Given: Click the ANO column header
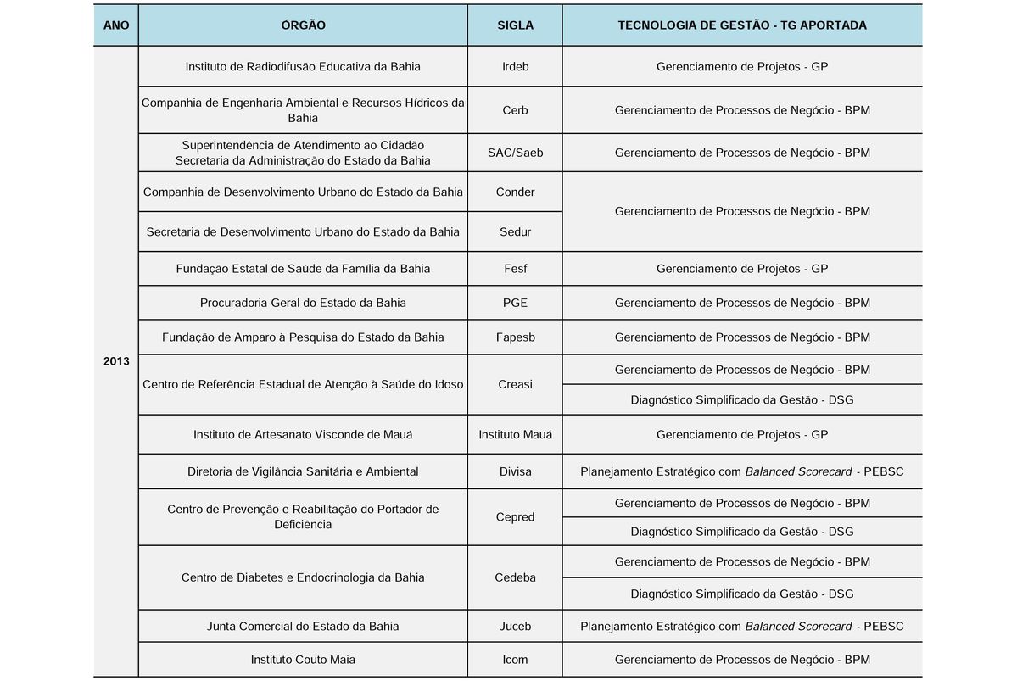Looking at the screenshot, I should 116,25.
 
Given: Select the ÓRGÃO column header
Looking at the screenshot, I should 303,25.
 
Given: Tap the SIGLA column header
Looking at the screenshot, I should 515,25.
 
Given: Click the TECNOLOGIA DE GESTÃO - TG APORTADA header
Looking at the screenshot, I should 742,25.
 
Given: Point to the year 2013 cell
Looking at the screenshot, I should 116,361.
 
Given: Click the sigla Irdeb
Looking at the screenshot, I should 515,66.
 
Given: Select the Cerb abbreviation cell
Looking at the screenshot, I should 515,110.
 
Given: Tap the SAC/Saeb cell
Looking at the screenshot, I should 515,153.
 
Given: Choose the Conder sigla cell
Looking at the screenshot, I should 515,192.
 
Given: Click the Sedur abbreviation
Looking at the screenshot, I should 515,231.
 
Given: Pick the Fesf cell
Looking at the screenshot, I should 515,269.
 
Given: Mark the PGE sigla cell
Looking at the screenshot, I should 515,303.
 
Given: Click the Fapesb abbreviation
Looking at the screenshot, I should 515,337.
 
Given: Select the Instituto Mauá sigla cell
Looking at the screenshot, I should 515,434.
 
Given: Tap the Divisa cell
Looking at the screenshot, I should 515,471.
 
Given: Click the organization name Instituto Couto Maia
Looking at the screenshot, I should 303,659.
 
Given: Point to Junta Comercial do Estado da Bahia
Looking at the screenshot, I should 303,627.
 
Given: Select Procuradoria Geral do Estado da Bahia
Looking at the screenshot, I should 303,303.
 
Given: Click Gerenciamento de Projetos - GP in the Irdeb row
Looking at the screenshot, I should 742,66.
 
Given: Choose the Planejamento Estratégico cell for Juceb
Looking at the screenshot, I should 742,627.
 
